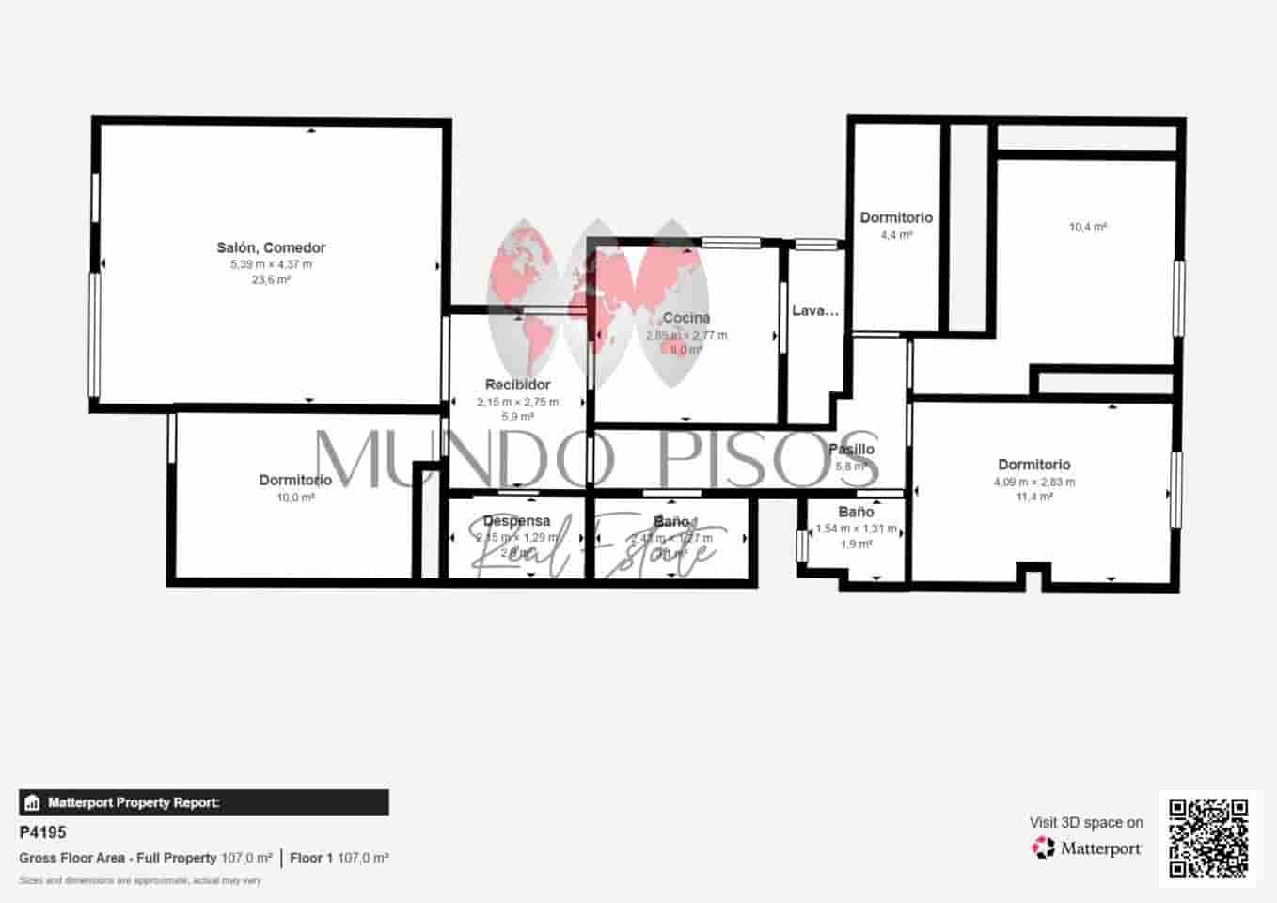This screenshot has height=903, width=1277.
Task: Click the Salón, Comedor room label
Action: [x=271, y=247]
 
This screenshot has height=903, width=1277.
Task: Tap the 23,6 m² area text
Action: [x=271, y=279]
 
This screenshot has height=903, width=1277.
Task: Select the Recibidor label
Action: [x=517, y=384]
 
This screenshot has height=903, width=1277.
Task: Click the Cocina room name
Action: [x=686, y=318]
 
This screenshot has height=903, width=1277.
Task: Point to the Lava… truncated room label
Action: [x=814, y=310]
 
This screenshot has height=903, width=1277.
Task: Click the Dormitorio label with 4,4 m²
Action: [x=896, y=217]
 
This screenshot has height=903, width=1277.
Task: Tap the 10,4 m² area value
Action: [x=1087, y=227]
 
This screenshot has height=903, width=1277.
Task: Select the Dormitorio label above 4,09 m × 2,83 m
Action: [x=1033, y=465]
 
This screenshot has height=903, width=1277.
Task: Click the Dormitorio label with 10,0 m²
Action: [x=295, y=480]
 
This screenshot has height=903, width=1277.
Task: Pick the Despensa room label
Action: [x=516, y=521]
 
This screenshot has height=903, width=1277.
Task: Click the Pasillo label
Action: [x=851, y=450]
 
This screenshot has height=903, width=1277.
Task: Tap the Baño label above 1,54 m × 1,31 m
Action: [x=856, y=513]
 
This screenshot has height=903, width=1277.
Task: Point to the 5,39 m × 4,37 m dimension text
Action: [x=271, y=264]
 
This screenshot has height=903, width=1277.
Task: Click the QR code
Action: [x=1207, y=837]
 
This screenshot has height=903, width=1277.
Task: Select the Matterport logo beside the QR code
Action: [x=1088, y=848]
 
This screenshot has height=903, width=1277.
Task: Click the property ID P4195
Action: [x=42, y=832]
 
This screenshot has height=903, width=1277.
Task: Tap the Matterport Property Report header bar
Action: [x=203, y=802]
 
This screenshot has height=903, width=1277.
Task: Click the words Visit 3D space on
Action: [x=1086, y=822]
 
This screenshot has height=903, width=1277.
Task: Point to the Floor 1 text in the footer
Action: [x=311, y=858]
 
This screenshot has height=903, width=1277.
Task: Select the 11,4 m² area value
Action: [x=1033, y=497]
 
